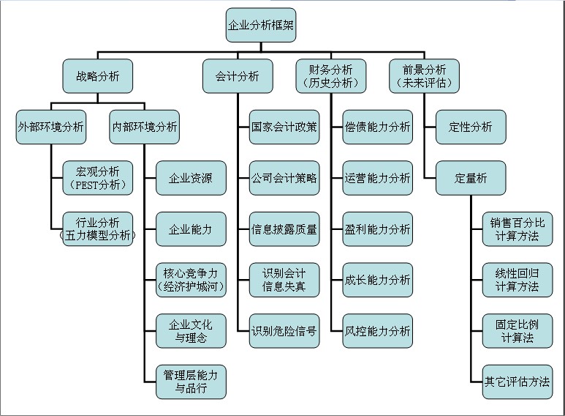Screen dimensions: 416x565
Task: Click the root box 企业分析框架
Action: [262, 26]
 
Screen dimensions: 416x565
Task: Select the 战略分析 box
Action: [98, 76]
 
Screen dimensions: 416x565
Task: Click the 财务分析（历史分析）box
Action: [330, 76]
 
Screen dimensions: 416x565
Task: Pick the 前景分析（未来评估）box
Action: [424, 76]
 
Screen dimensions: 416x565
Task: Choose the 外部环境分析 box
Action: [50, 127]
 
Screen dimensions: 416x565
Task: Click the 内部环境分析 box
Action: [144, 127]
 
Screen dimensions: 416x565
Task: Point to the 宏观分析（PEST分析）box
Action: [98, 178]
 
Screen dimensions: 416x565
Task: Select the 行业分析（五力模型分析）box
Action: [98, 229]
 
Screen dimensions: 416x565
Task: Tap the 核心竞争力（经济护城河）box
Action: [191, 280]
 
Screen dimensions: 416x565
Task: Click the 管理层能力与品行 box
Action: [191, 382]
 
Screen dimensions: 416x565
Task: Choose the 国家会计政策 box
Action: [284, 127]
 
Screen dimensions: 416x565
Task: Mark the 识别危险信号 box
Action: [284, 331]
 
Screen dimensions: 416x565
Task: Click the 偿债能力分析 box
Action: [377, 127]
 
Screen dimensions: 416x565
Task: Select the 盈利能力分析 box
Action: [377, 229]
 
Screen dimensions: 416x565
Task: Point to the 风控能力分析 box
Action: [377, 331]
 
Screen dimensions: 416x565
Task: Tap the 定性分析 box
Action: [471, 127]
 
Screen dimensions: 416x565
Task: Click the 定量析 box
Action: [471, 178]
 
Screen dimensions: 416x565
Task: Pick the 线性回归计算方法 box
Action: [517, 280]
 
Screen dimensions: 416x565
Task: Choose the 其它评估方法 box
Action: [517, 382]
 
